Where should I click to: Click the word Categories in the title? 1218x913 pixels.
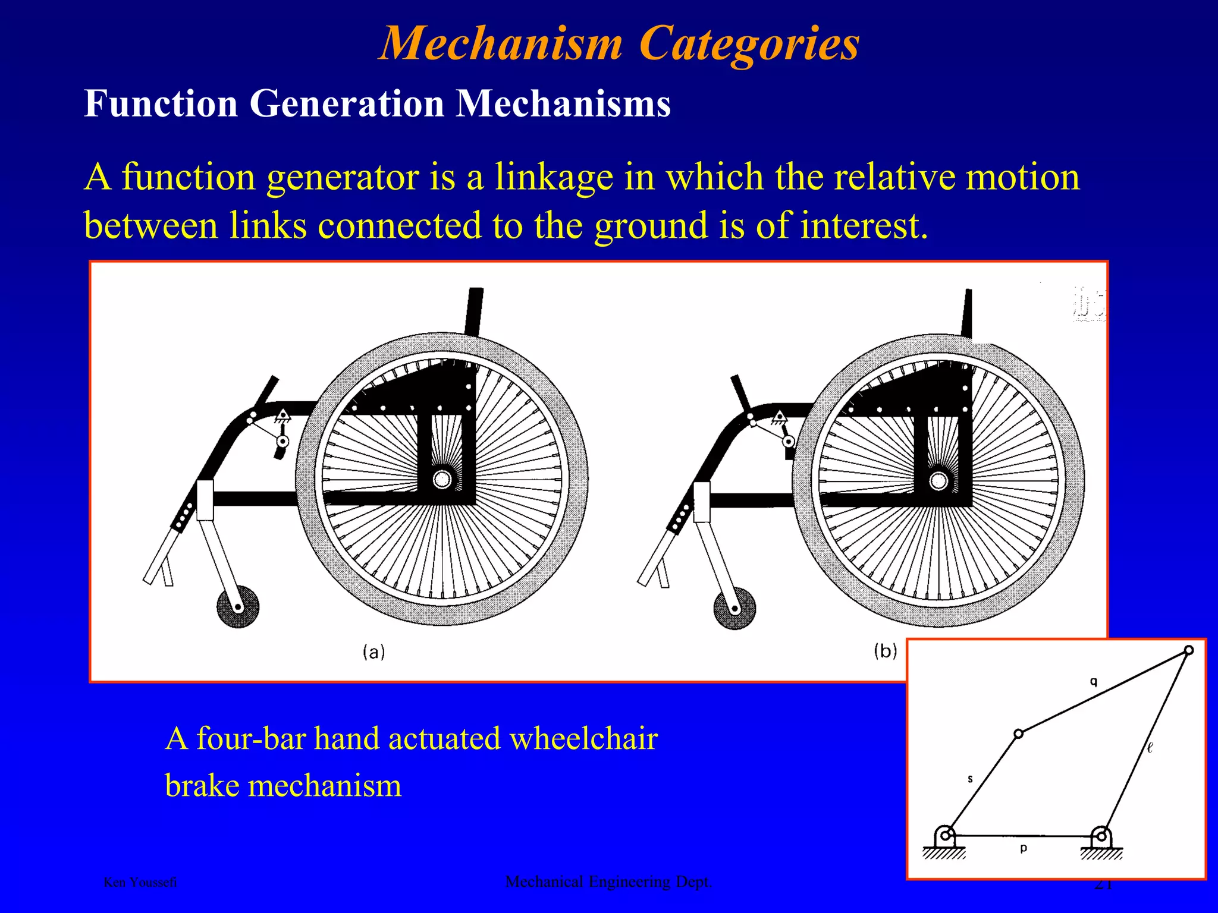(x=749, y=44)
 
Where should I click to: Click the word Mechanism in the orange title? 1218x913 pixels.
(x=501, y=44)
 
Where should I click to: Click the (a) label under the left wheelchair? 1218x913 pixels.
(x=373, y=652)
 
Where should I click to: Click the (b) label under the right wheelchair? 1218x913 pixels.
(x=885, y=651)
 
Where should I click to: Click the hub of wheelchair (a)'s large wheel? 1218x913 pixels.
(x=442, y=479)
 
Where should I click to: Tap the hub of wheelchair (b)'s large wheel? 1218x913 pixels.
(x=938, y=480)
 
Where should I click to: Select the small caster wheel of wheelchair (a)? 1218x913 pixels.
(x=237, y=607)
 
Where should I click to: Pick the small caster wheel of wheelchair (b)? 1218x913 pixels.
(x=734, y=608)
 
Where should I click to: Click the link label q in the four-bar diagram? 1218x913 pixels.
(x=1093, y=682)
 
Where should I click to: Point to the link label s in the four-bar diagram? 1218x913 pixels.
(x=970, y=779)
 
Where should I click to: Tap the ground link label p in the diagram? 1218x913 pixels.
(x=1023, y=848)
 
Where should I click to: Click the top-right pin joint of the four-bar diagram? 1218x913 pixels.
(x=1188, y=650)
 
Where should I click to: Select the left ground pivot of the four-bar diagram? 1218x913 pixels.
(x=945, y=835)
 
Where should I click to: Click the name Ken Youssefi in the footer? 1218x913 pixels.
(x=140, y=882)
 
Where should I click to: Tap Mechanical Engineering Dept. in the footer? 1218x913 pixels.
(x=608, y=881)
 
